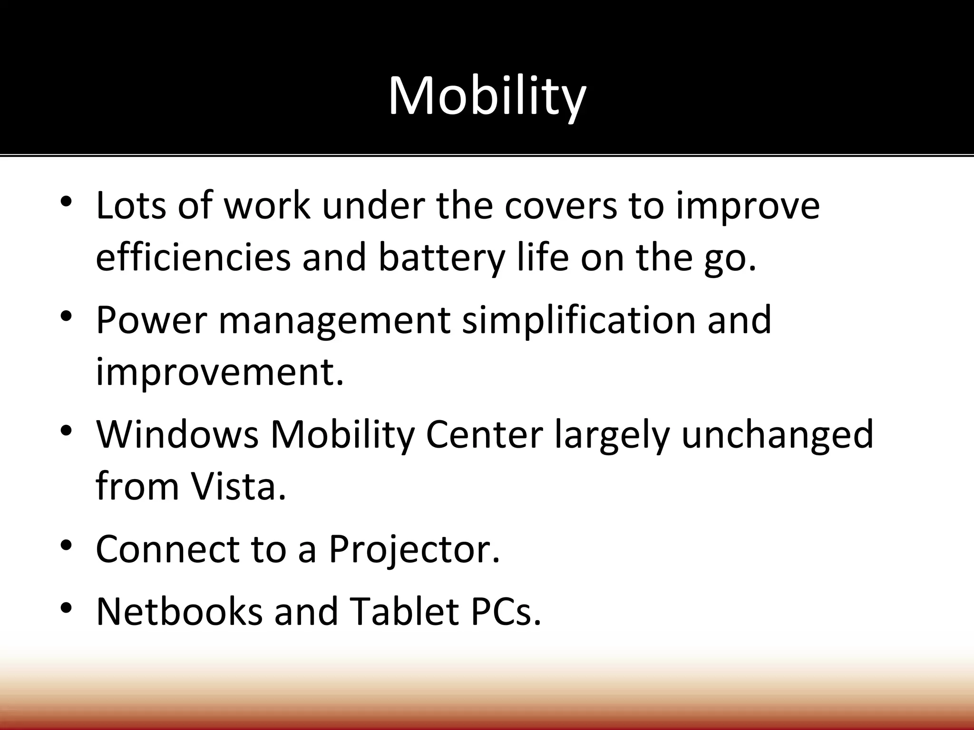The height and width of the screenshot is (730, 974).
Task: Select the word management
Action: [334, 320]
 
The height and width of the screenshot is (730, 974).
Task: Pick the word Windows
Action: [177, 434]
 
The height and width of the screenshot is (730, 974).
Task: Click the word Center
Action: [484, 434]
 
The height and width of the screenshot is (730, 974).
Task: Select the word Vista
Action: [238, 486]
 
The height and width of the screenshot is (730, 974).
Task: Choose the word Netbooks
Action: [179, 611]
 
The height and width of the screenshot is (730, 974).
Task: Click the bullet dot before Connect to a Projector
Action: [66, 544]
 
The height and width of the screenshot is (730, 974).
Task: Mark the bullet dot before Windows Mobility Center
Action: [66, 430]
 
